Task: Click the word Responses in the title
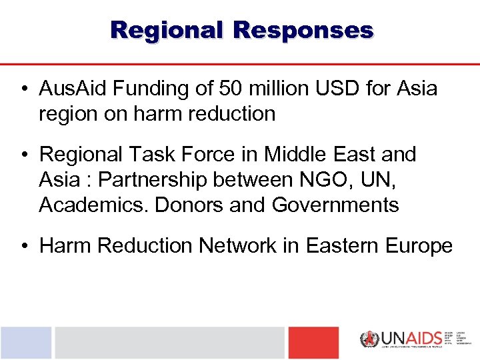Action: pos(304,30)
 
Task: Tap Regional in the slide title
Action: pos(167,30)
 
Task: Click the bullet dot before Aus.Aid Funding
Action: pos(23,89)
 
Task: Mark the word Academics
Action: pos(93,205)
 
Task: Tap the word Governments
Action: pos(335,205)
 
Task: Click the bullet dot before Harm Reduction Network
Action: pos(23,247)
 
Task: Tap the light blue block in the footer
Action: pos(25,343)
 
